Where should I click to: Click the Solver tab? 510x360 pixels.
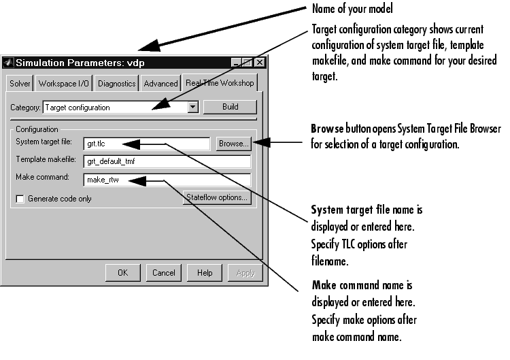(x=20, y=84)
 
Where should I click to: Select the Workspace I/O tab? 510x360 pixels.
(x=65, y=84)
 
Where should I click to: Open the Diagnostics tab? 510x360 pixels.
(x=117, y=84)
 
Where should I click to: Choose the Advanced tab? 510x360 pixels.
(x=160, y=84)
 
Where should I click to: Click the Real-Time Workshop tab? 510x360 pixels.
(x=220, y=83)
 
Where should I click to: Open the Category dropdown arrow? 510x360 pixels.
(x=193, y=107)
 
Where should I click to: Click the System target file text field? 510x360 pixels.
(x=146, y=144)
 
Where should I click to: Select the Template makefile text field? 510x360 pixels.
(x=167, y=162)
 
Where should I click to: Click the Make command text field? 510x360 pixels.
(x=167, y=180)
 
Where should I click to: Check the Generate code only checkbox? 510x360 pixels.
(x=20, y=199)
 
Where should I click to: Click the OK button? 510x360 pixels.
(x=122, y=273)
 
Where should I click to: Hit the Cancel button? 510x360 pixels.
(x=163, y=273)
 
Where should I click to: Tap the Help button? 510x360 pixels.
(x=205, y=273)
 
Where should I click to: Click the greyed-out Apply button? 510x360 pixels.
(x=244, y=273)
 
